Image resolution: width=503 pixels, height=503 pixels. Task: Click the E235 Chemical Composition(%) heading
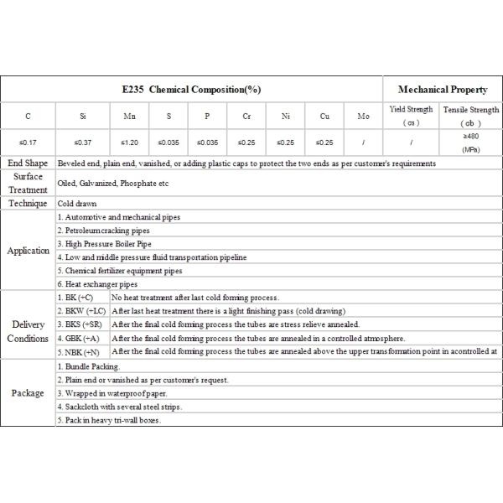[192, 89]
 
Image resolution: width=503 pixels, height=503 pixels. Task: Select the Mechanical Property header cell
[443, 89]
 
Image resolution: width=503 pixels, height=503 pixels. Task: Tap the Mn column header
[129, 117]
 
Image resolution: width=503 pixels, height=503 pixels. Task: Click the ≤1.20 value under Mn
[129, 143]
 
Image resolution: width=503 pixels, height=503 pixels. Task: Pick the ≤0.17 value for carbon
[28, 143]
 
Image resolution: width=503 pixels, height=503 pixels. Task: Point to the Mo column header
[363, 117]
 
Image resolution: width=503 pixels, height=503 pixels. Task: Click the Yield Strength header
[412, 110]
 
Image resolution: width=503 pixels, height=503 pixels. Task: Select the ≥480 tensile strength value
[470, 135]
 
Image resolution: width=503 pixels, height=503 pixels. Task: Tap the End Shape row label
[28, 163]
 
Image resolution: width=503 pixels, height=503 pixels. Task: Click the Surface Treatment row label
[28, 183]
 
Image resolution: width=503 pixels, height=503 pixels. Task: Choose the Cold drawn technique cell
[77, 204]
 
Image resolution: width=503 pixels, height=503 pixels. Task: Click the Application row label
[28, 251]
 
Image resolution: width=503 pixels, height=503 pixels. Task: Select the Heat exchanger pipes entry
[97, 284]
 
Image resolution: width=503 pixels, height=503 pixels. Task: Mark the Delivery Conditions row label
[28, 331]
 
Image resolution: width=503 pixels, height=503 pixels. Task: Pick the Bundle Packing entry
[89, 366]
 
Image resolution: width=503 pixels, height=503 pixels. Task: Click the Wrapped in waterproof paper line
[113, 393]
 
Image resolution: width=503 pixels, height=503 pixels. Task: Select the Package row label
[28, 393]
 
